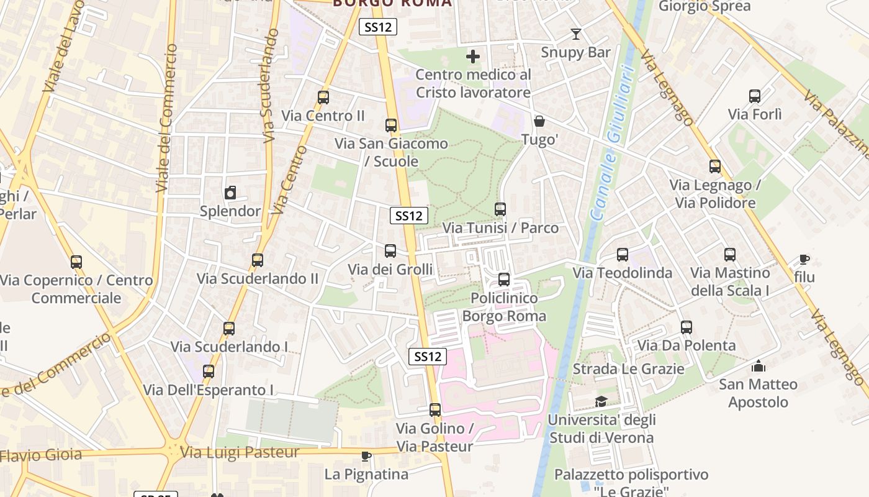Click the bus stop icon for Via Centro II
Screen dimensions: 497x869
tap(323, 98)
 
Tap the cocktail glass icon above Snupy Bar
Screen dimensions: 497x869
tap(576, 34)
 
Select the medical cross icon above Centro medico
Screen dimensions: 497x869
tap(473, 57)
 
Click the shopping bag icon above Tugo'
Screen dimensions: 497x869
tap(539, 121)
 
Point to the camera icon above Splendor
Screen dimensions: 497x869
tap(230, 193)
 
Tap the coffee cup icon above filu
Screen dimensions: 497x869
tap(804, 259)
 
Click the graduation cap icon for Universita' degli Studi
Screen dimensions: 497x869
tap(601, 401)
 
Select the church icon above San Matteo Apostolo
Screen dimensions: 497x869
tap(758, 366)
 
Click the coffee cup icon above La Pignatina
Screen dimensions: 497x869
tap(366, 457)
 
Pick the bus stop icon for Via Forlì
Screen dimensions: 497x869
tap(755, 96)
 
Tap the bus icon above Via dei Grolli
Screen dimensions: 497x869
tap(390, 251)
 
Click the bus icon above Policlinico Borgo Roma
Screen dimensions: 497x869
tap(504, 280)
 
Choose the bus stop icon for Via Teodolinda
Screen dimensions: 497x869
tap(623, 255)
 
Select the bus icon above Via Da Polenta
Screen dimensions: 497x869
tap(686, 327)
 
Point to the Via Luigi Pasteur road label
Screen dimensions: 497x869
tap(240, 452)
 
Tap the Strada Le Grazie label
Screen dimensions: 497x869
tap(628, 369)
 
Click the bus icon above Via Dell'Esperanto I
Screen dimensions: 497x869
tap(209, 372)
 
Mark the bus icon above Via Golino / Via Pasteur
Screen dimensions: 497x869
tap(435, 410)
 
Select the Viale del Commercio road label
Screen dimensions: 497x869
tap(165, 118)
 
